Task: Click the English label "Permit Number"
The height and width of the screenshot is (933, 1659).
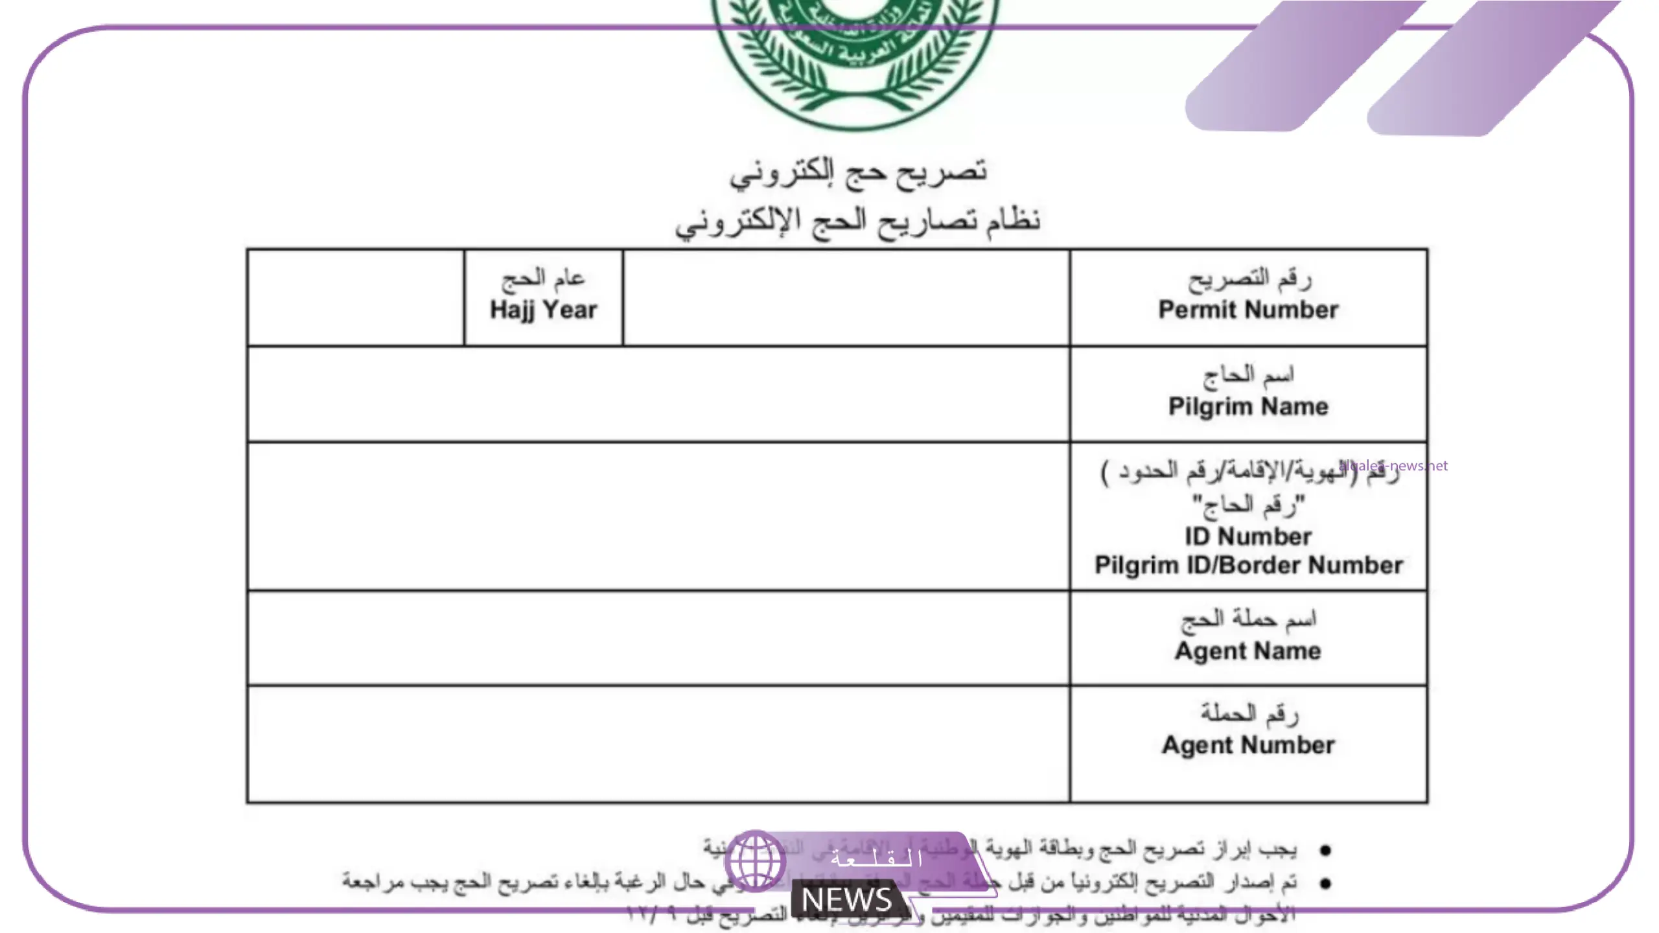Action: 1248,310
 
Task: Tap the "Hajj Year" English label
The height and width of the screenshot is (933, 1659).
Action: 543,310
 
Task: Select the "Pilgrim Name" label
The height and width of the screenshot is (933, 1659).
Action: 1248,407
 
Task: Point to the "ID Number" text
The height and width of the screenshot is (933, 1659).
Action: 1248,536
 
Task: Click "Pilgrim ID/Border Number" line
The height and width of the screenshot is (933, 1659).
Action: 1248,565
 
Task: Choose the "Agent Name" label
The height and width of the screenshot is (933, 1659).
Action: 1248,651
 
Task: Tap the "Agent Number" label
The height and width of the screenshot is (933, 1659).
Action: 1248,745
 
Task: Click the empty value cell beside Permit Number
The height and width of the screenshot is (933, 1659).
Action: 846,298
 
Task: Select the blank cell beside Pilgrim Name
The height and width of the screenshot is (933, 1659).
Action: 658,394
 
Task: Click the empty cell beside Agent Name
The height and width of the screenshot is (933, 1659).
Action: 658,638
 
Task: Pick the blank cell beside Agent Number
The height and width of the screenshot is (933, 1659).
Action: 658,744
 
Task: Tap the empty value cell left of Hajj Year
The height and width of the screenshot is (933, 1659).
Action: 355,298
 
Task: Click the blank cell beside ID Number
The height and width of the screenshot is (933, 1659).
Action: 658,516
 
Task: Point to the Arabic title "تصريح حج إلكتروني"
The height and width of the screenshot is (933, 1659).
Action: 858,172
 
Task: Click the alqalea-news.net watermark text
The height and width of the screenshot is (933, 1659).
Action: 1393,465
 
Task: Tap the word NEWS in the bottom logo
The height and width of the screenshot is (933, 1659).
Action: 846,899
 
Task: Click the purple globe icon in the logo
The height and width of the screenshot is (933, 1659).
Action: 756,860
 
